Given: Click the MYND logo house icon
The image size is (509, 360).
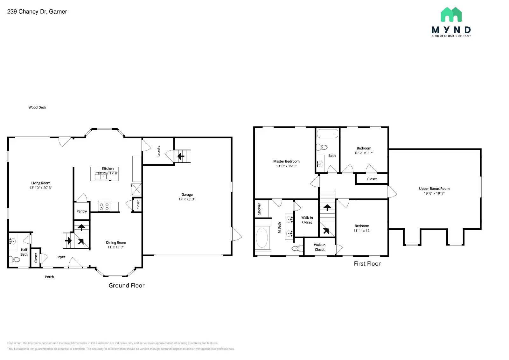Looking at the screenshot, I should pyautogui.click(x=451, y=15).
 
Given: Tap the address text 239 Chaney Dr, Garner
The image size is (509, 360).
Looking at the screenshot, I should pyautogui.click(x=37, y=11).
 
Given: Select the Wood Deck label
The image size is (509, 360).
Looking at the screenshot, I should pyautogui.click(x=37, y=107).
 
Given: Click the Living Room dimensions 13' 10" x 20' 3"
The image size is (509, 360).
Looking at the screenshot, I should pyautogui.click(x=41, y=188).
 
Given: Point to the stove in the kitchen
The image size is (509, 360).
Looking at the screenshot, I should pyautogui.click(x=104, y=207).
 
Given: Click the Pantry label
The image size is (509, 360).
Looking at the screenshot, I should pyautogui.click(x=81, y=211).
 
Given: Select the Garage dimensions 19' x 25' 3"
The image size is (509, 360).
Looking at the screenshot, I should pyautogui.click(x=187, y=199).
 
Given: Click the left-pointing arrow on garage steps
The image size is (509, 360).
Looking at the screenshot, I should pyautogui.click(x=181, y=156).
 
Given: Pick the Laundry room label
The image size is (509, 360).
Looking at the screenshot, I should pyautogui.click(x=158, y=151).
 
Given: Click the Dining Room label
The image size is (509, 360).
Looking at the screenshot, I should pyautogui.click(x=116, y=242).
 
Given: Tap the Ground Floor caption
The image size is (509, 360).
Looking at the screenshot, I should pyautogui.click(x=127, y=286).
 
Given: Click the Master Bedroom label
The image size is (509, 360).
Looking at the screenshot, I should pyautogui.click(x=286, y=161).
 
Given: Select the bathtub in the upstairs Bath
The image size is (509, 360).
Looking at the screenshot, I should pyautogui.click(x=327, y=134).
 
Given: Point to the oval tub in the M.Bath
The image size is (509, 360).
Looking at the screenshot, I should pyautogui.click(x=262, y=238).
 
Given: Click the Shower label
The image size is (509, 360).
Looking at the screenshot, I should pyautogui.click(x=259, y=209).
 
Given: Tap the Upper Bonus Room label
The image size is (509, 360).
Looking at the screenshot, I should pyautogui.click(x=434, y=189).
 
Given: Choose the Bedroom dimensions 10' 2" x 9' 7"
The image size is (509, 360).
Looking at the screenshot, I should pyautogui.click(x=364, y=153).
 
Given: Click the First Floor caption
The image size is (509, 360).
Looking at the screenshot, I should pyautogui.click(x=367, y=264).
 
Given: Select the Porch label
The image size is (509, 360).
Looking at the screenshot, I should pyautogui.click(x=49, y=277).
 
